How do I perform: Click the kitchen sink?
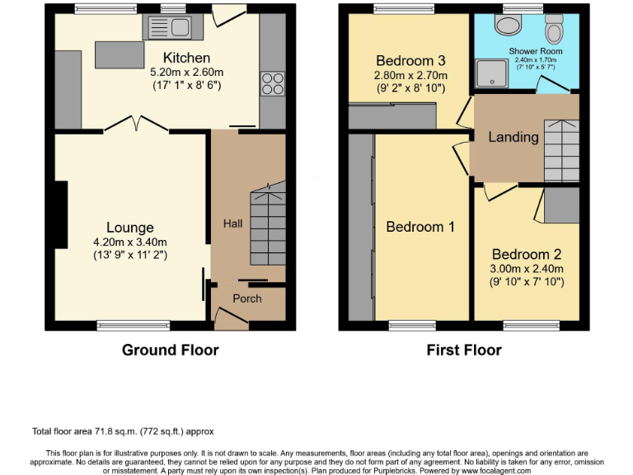click(x=167, y=29)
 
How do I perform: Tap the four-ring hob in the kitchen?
click(x=272, y=85)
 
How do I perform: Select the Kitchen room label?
click(x=186, y=58)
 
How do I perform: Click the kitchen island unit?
click(x=120, y=54)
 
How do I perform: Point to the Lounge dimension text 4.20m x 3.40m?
click(x=129, y=242)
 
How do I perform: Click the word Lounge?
click(x=129, y=228)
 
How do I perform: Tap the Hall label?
click(x=233, y=223)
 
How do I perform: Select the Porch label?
click(x=246, y=299)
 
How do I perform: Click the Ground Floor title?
click(x=170, y=350)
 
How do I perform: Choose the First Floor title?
click(x=463, y=350)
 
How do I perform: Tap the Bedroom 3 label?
click(x=410, y=60)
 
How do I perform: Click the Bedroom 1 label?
click(x=420, y=227)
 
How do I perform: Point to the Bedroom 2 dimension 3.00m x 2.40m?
click(x=527, y=269)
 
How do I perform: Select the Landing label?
click(x=513, y=137)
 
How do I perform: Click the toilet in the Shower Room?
click(x=554, y=30)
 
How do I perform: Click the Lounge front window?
click(x=121, y=326)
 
